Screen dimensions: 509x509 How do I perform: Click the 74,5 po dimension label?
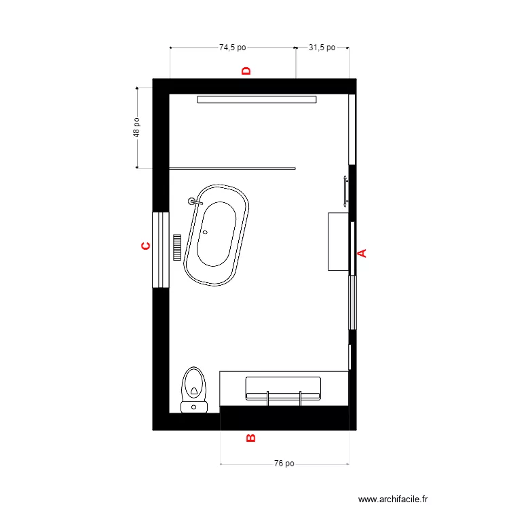[232, 48]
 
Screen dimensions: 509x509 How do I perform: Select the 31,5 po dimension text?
[322, 48]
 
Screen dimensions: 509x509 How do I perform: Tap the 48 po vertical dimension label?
[136, 128]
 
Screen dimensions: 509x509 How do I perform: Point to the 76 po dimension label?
[284, 464]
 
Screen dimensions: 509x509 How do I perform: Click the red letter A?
[362, 253]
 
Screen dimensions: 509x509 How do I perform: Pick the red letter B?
[250, 438]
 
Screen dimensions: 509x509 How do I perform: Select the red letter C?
[145, 246]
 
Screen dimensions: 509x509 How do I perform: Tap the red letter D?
[246, 71]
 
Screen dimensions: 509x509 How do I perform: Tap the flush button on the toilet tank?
[194, 407]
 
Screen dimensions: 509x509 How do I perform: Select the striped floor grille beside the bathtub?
[178, 248]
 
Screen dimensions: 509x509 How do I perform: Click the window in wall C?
[160, 250]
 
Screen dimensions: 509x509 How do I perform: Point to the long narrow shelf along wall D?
[257, 100]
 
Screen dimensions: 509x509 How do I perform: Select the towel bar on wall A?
[346, 191]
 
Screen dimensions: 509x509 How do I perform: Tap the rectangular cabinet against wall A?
[338, 242]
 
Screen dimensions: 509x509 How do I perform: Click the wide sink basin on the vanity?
[282, 387]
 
